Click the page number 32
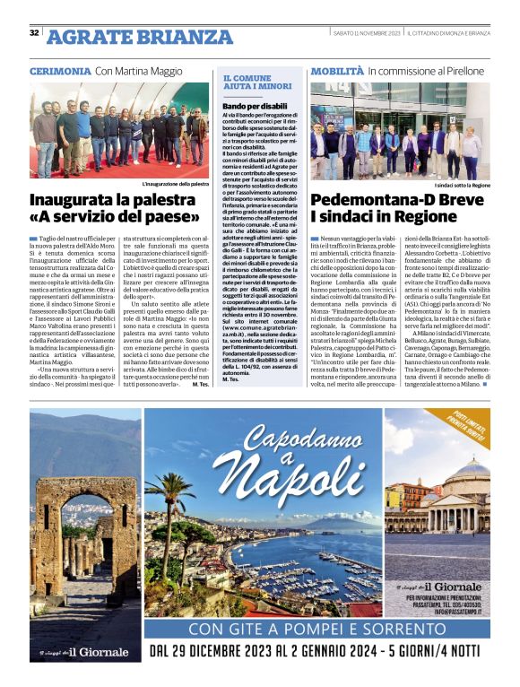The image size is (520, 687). click(34, 33)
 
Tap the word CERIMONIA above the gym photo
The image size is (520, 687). click(59, 70)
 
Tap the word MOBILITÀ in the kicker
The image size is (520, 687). click(337, 70)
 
